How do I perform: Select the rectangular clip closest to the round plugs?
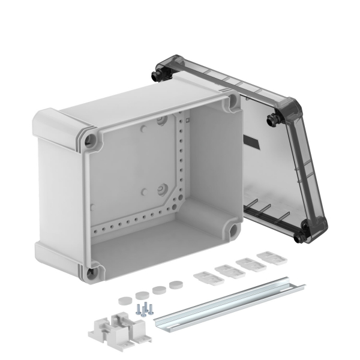[x=203, y=278]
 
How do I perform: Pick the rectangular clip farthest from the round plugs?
[x=270, y=258]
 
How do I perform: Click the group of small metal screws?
[x=145, y=309]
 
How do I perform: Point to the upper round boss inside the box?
[x=161, y=121]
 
